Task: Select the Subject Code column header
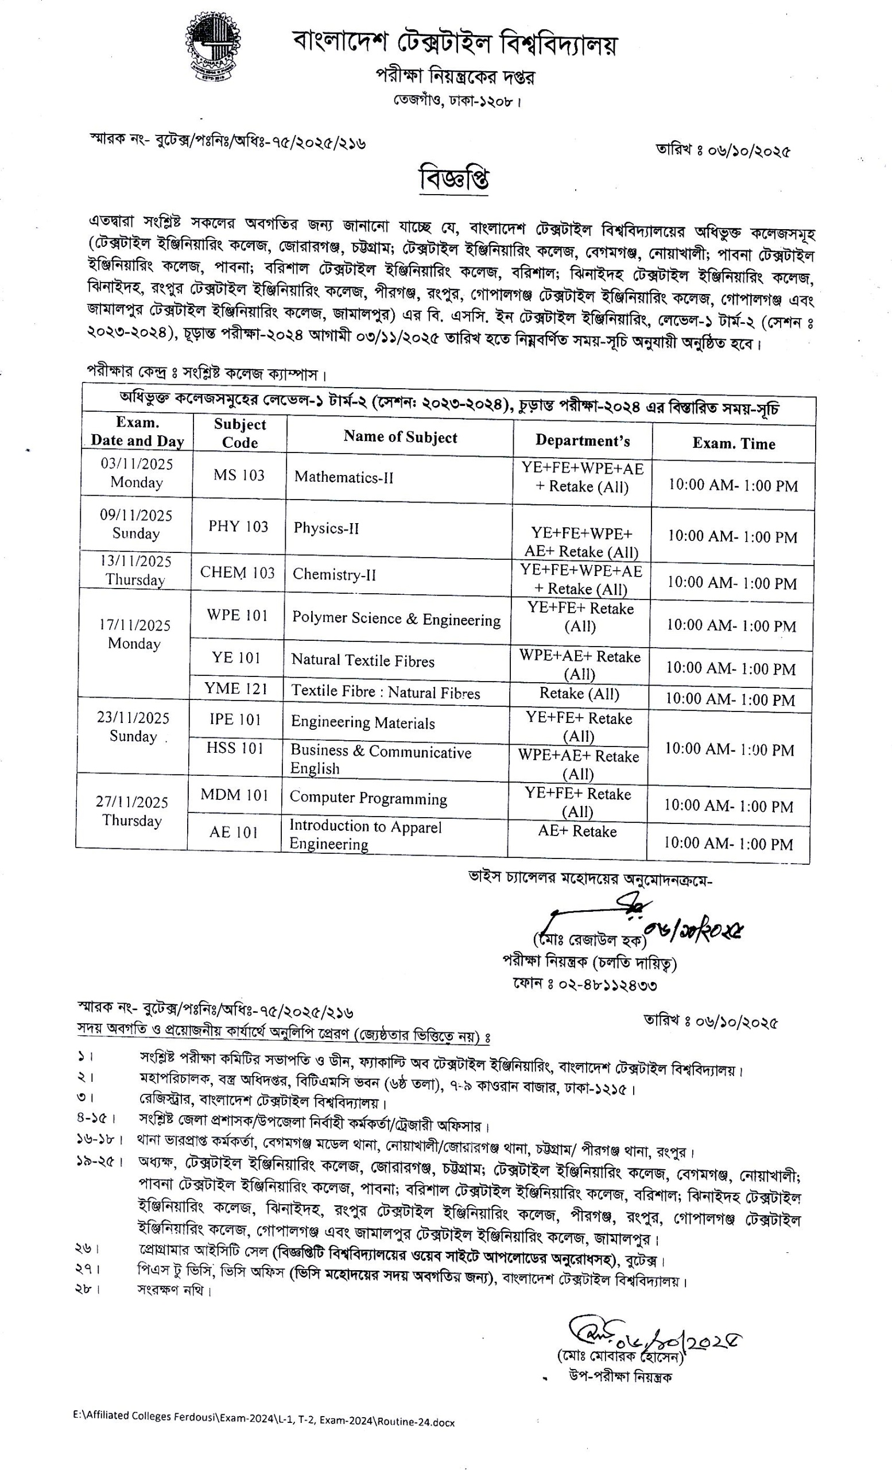point(240,433)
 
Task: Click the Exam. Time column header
point(734,443)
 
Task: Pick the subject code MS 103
point(239,475)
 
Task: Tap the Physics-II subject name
point(326,528)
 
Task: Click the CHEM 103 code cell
point(237,572)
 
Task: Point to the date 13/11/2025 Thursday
point(136,570)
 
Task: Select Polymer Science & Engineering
point(396,618)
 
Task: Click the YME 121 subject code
point(235,688)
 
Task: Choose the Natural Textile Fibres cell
point(363,660)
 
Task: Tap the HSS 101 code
point(234,748)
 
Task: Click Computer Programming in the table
point(368,798)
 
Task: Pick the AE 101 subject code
point(233,831)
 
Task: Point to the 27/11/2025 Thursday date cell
point(132,811)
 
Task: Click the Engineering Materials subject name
point(363,722)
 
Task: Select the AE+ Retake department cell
point(576,831)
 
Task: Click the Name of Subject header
point(400,437)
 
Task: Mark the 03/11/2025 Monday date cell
point(137,473)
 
